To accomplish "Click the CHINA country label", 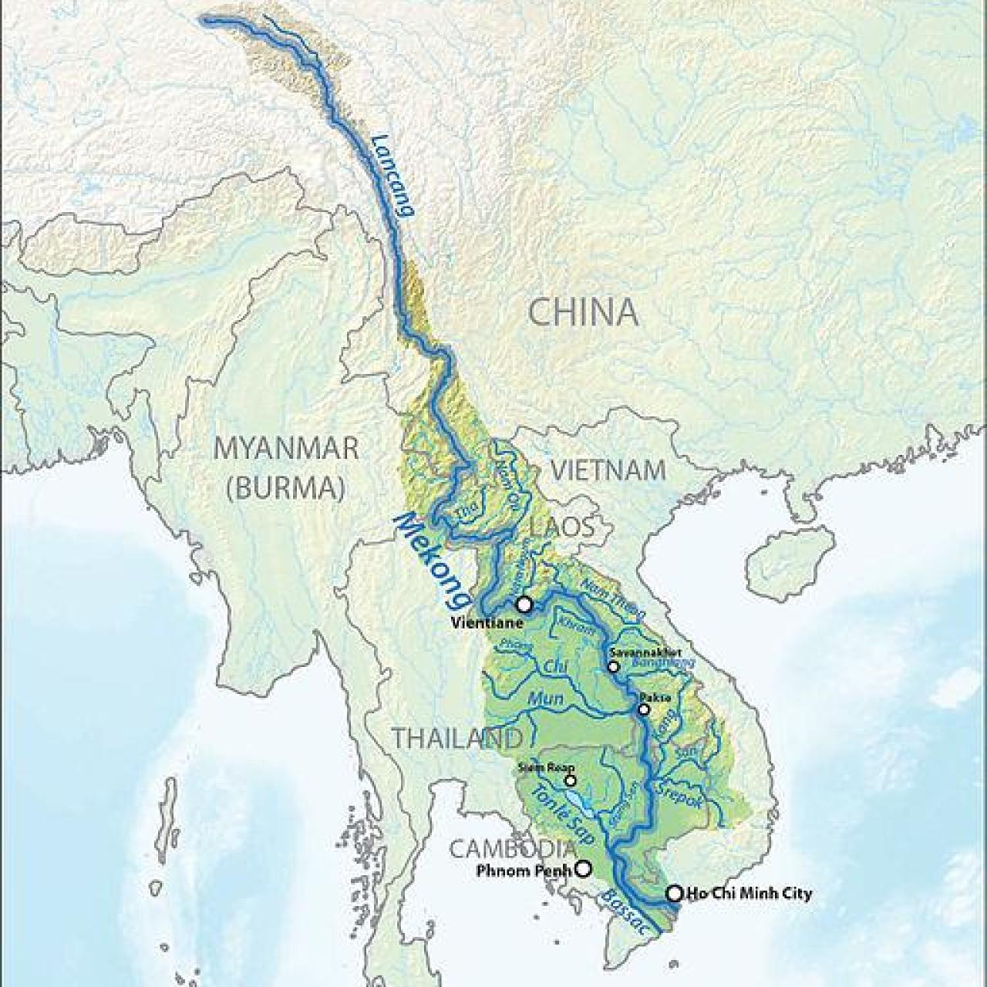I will (584, 312).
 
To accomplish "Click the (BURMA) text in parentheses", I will (286, 488).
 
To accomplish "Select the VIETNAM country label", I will (608, 470).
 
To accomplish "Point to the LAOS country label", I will (562, 528).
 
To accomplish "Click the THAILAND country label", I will (456, 738).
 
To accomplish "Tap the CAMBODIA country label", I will (513, 849).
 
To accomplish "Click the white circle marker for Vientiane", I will (524, 604).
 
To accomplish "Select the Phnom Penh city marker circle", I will (584, 869).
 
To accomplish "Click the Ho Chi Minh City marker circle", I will (675, 893).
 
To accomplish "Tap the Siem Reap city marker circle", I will (571, 780).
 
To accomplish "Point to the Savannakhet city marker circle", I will (613, 666).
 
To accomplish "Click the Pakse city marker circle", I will (644, 709).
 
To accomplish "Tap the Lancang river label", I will (392, 177).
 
